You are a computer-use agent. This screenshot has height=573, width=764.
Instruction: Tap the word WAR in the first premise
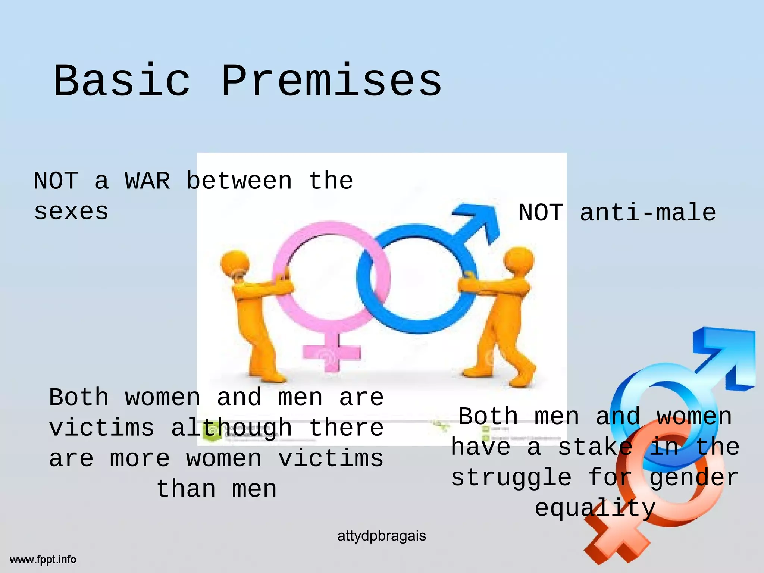point(147,181)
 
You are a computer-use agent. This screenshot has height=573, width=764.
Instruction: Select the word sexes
point(71,212)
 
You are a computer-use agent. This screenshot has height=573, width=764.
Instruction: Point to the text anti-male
point(648,213)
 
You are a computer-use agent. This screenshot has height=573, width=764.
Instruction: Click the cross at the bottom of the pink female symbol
point(331,353)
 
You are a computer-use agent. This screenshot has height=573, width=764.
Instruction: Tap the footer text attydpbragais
point(381,536)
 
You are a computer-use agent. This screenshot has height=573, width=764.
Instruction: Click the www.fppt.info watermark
point(43,560)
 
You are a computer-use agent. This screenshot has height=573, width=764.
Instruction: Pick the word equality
point(595,508)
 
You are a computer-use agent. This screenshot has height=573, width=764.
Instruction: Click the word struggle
point(511,478)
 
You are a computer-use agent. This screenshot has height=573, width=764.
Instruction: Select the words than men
point(216,489)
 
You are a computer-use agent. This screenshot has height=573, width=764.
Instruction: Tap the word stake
point(595,447)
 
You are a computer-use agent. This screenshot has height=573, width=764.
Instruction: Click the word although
point(231,428)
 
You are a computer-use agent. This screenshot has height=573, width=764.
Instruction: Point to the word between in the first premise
point(239,181)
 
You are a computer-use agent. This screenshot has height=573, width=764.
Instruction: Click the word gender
point(694,478)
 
